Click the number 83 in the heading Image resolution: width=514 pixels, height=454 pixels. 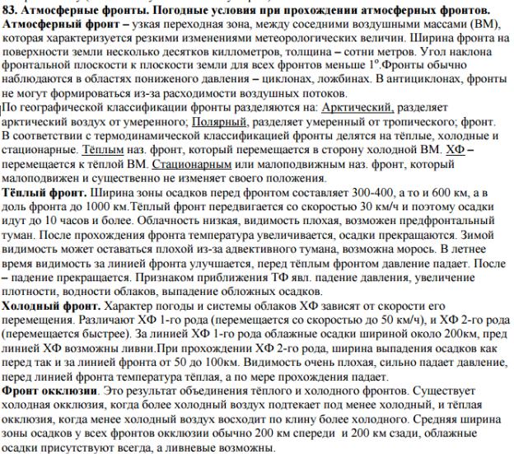coord(12,9)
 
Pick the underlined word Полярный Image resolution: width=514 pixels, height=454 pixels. coord(170,122)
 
